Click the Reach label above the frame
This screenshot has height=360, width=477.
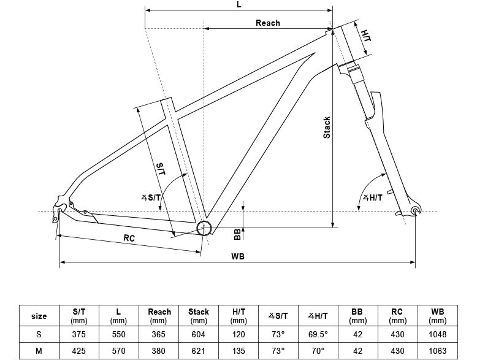point(268,23)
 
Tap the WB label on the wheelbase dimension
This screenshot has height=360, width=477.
point(238,256)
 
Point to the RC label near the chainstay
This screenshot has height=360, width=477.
point(129,238)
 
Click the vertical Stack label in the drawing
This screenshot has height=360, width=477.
point(327,128)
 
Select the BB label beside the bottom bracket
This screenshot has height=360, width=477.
point(237,234)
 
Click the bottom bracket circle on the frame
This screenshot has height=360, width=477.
point(204,228)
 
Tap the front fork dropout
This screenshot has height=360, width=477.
point(416,210)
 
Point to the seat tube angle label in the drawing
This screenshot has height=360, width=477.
point(151,198)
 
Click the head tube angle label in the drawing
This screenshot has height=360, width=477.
point(373,198)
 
